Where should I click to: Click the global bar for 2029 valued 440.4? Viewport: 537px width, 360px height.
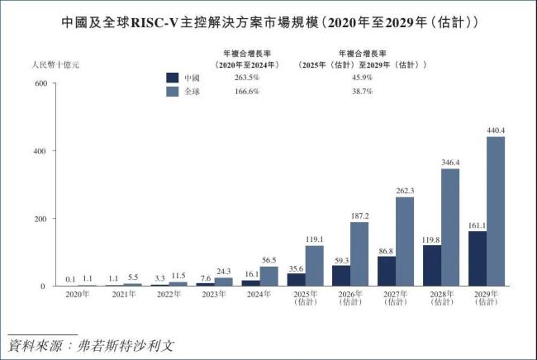point(495,211)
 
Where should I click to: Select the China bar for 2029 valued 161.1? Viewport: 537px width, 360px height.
point(477,258)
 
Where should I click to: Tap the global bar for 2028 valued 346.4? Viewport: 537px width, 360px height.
point(450,227)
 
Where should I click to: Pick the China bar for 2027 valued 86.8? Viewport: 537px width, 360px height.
point(387,271)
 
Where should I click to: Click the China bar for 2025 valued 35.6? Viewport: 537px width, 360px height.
point(296,280)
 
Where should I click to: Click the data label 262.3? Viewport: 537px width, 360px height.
point(404,191)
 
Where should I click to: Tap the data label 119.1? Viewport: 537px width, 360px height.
point(313,239)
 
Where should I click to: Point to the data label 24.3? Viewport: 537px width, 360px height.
point(223,271)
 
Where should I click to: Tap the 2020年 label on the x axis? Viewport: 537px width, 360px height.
point(78,296)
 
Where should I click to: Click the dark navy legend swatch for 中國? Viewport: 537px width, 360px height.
point(173,77)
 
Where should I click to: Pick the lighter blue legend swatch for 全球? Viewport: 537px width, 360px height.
point(173,91)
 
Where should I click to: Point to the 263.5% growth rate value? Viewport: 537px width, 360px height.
point(248,77)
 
